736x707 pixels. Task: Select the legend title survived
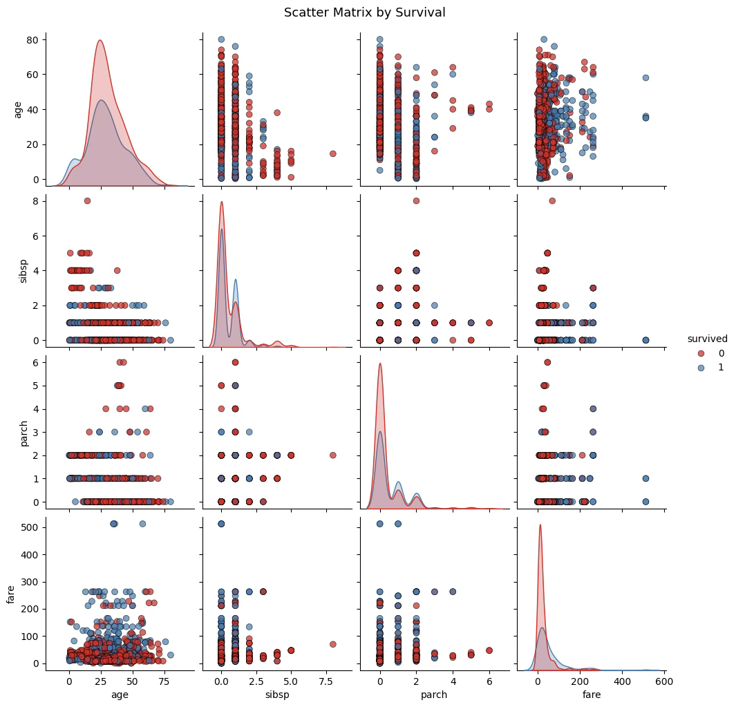(707, 339)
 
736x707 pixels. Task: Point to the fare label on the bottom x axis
(591, 695)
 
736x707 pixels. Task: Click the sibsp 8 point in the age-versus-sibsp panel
(332, 153)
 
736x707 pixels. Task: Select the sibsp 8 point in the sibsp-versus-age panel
(87, 201)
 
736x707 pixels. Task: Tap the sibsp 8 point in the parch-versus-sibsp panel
(332, 455)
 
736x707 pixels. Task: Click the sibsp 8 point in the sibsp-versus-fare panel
(552, 201)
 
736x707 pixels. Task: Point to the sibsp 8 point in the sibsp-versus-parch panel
(416, 201)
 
